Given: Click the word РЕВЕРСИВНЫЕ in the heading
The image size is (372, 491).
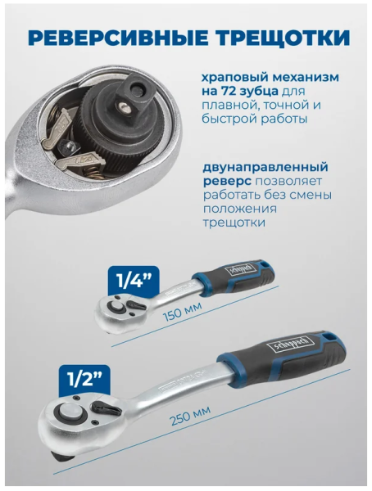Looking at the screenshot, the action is [x=118, y=37].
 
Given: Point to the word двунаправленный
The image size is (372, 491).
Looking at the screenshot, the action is [x=265, y=167].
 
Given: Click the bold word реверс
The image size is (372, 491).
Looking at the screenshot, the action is [x=226, y=182].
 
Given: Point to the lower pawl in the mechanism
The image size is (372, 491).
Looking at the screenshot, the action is [x=74, y=160].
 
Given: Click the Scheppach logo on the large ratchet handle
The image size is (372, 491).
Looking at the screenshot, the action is [x=289, y=345].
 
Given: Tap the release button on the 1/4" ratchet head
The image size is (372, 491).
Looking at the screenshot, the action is [x=116, y=307].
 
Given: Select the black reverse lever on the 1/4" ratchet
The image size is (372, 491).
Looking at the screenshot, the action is [x=137, y=303].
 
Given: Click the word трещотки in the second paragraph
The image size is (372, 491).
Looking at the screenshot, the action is [x=234, y=223].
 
